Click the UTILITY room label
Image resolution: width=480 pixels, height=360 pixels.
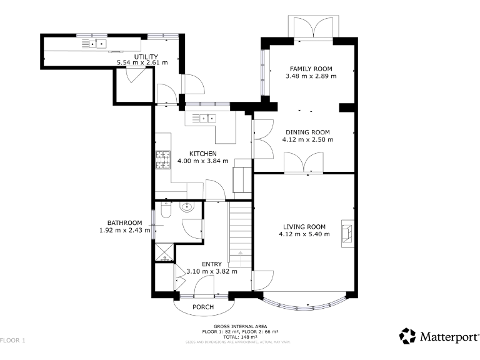137,57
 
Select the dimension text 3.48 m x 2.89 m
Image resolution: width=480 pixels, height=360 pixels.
311,76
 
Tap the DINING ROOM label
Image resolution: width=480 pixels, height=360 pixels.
307,132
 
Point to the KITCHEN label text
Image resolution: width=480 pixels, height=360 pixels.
203,153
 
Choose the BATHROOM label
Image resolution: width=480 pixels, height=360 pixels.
124,222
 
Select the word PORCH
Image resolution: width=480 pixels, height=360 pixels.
203,307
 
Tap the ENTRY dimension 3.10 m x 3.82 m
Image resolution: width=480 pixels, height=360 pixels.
212,271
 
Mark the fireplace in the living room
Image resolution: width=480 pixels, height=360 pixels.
346,232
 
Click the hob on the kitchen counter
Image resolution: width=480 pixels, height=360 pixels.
162,160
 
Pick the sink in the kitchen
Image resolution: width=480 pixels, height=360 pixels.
204,117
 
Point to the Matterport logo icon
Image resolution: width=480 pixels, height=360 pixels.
407,336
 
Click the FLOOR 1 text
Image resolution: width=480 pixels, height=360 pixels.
12,341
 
